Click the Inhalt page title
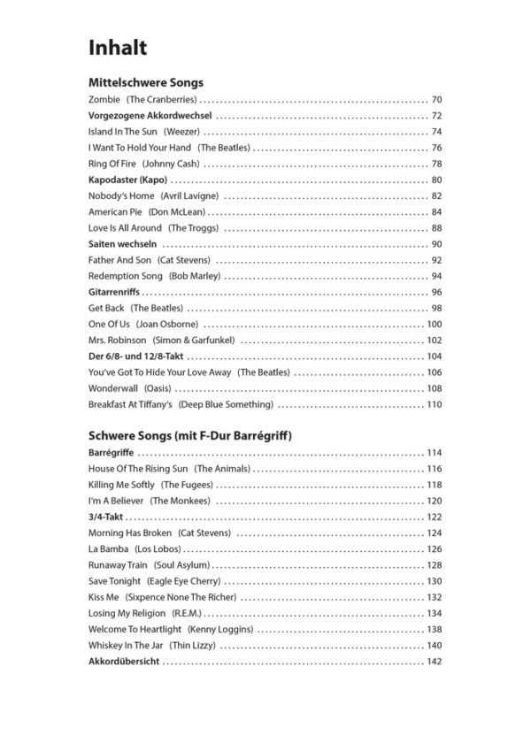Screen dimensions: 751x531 (x=118, y=46)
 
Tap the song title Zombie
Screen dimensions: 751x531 (x=104, y=99)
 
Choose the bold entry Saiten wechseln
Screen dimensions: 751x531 (x=123, y=243)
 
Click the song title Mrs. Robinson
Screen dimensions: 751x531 (x=117, y=340)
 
